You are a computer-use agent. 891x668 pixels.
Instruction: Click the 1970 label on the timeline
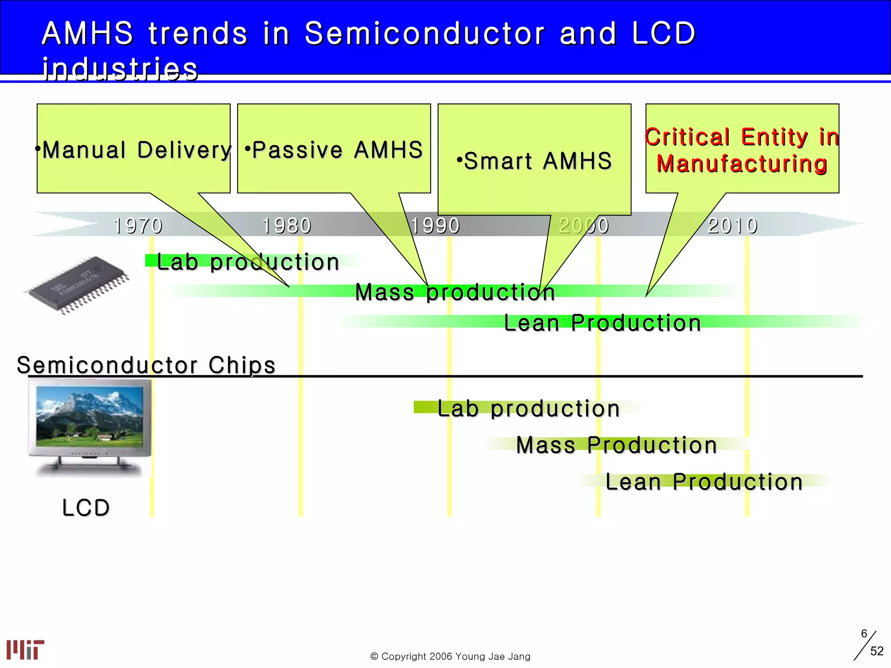click(x=137, y=226)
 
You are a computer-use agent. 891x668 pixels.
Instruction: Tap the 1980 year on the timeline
click(x=286, y=226)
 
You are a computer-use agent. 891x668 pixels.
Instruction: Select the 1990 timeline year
click(x=435, y=226)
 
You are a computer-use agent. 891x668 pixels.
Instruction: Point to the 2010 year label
click(x=733, y=226)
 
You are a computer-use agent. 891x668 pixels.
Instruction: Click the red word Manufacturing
click(x=742, y=164)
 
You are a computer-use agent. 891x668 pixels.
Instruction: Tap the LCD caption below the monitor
click(x=86, y=508)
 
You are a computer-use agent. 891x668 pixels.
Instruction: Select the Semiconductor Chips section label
click(x=146, y=365)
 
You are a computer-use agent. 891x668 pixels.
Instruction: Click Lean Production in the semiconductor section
click(x=602, y=323)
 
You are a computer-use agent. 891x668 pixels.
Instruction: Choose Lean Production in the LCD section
click(x=704, y=482)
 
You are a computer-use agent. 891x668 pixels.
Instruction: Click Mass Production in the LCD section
click(x=616, y=445)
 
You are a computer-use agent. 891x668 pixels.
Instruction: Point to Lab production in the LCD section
click(x=529, y=409)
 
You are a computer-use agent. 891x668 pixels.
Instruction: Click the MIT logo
click(x=25, y=650)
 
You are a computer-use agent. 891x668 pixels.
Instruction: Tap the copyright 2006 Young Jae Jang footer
click(x=450, y=656)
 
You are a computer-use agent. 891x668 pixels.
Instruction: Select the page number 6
click(x=864, y=634)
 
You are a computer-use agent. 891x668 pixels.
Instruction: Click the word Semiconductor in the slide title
click(x=424, y=33)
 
